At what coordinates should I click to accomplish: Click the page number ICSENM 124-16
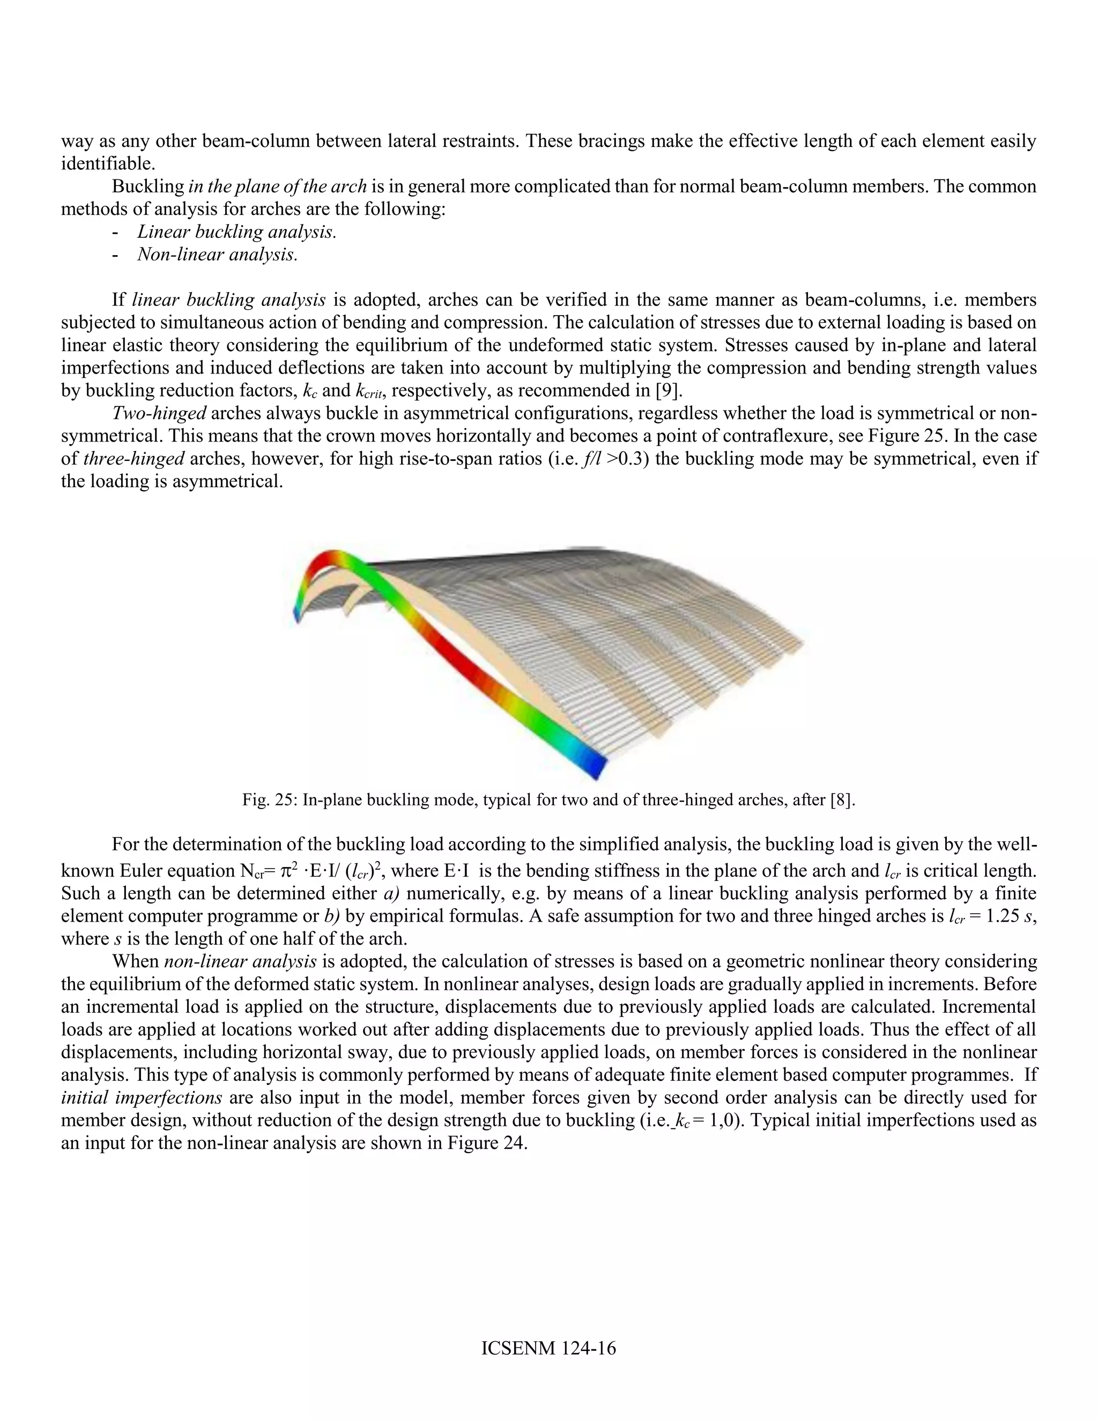[x=548, y=1348]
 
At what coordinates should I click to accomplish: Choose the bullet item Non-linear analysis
[x=217, y=255]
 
